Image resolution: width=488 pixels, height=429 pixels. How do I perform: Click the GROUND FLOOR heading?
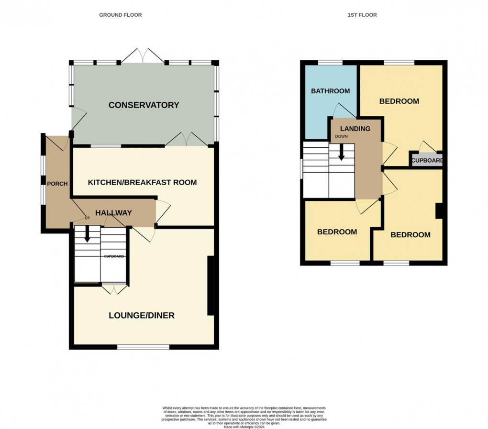pyautogui.click(x=120, y=15)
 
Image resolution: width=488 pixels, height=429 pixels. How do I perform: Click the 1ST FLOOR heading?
pyautogui.click(x=362, y=15)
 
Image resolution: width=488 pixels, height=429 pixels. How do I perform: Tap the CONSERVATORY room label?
pyautogui.click(x=144, y=105)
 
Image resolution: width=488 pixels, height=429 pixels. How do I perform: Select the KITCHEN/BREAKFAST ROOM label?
pyautogui.click(x=142, y=182)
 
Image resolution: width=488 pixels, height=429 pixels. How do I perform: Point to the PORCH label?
pyautogui.click(x=57, y=184)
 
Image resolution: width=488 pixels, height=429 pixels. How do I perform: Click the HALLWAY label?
pyautogui.click(x=113, y=213)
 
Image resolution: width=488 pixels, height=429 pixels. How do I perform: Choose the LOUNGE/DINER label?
pyautogui.click(x=141, y=315)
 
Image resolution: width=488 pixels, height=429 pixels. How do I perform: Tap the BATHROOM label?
pyautogui.click(x=330, y=91)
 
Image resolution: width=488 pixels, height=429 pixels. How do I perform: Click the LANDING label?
pyautogui.click(x=355, y=129)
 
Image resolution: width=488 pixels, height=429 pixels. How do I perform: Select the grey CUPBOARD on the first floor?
pyautogui.click(x=427, y=160)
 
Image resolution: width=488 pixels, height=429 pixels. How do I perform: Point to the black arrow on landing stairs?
pyautogui.click(x=342, y=153)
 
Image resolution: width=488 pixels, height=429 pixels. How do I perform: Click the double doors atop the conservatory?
pyautogui.click(x=143, y=56)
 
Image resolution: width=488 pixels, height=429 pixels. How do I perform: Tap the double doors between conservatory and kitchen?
pyautogui.click(x=187, y=139)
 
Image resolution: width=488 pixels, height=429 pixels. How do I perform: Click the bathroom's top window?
pyautogui.click(x=330, y=63)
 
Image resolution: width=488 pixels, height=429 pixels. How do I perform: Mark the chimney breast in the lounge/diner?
pyautogui.click(x=210, y=286)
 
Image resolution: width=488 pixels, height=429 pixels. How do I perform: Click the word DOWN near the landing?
pyautogui.click(x=341, y=136)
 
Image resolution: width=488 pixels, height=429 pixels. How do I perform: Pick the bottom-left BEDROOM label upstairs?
pyautogui.click(x=337, y=232)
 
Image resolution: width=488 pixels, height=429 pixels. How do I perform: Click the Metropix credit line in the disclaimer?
pyautogui.click(x=244, y=427)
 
